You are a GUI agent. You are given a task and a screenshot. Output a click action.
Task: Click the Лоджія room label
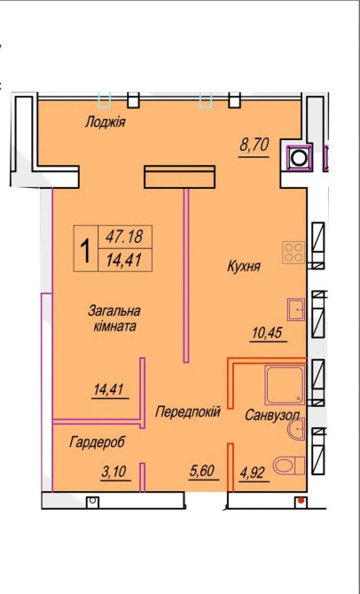tap(105, 122)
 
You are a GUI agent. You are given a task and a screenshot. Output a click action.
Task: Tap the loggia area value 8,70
tap(254, 145)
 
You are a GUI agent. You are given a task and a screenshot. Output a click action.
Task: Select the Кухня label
tap(244, 266)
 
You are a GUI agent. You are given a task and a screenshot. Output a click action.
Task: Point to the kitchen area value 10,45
tap(268, 333)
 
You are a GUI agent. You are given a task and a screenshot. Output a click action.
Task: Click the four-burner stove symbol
tap(293, 253)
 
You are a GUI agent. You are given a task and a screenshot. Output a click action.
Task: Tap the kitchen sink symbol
tap(296, 309)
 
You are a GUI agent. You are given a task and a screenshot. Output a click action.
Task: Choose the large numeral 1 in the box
tap(86, 249)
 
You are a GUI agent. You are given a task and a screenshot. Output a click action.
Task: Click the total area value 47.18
tap(124, 237)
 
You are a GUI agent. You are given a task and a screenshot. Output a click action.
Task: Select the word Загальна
tap(114, 311)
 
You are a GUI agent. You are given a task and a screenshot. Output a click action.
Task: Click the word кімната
tap(114, 326)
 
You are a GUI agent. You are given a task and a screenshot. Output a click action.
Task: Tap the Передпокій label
tap(188, 411)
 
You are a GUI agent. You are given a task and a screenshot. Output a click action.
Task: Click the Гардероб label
tap(97, 442)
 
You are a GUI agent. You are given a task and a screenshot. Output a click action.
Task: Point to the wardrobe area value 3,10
tap(113, 473)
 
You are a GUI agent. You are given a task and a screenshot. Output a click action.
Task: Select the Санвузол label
tap(272, 416)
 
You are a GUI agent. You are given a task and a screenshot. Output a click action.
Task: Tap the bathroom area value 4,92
tap(252, 473)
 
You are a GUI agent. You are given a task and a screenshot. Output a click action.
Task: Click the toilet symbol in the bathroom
tap(289, 465)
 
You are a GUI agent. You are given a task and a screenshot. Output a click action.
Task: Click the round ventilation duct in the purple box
tap(300, 157)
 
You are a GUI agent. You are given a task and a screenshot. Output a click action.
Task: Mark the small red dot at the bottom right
tap(301, 501)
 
